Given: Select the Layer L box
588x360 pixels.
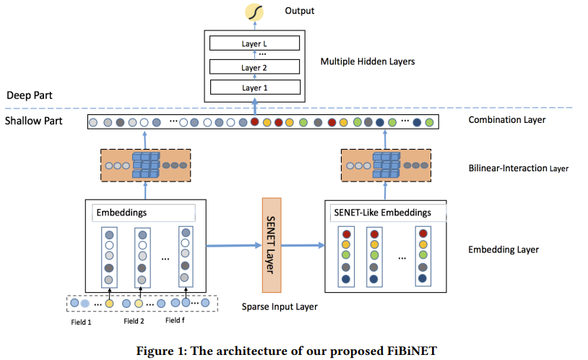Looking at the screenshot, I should coord(254,43).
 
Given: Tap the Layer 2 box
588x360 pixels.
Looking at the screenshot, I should coord(254,67).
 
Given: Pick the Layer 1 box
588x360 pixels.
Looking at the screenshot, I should coord(254,88).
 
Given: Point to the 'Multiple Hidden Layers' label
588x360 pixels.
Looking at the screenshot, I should coord(367,61).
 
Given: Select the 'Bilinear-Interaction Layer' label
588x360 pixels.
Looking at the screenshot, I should coord(518,168).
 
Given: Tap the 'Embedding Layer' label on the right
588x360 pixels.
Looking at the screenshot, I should coord(503,250).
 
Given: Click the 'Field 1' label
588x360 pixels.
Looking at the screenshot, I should coord(80,322).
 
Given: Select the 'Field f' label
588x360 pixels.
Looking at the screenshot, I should coord(176,320).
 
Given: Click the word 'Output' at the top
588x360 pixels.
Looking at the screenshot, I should coord(299,11).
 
